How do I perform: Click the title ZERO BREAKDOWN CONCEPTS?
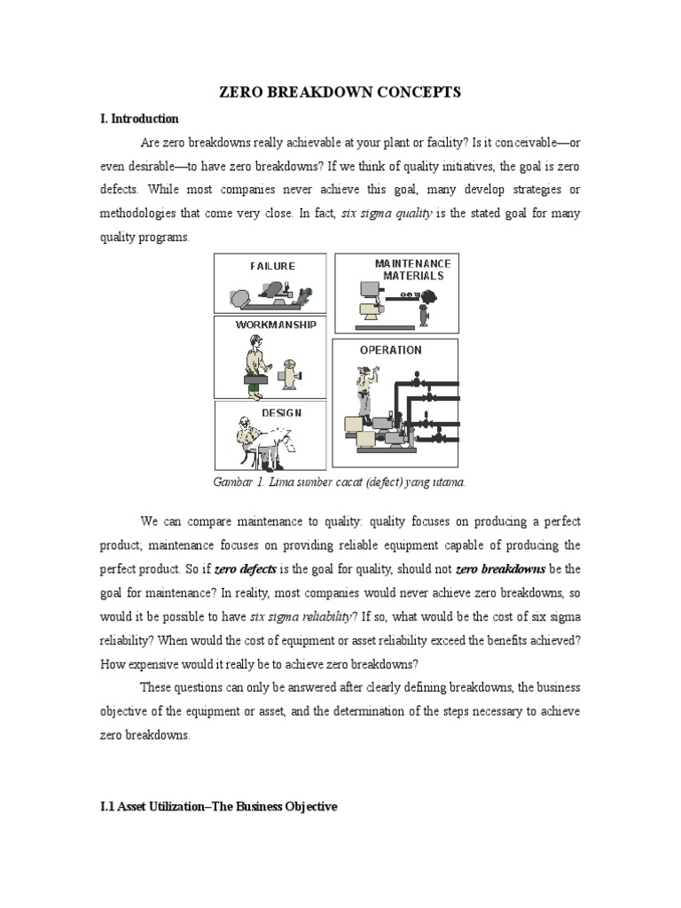tap(340, 92)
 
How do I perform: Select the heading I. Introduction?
tap(139, 119)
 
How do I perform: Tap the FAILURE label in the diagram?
tap(272, 265)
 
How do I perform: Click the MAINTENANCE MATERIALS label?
tap(412, 270)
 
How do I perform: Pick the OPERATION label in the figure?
tap(390, 350)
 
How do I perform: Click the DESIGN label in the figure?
tap(281, 412)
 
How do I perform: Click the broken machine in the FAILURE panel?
tap(270, 292)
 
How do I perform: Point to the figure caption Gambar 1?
tap(340, 481)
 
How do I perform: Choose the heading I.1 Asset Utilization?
tap(218, 809)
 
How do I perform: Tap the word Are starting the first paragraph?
tap(151, 143)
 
